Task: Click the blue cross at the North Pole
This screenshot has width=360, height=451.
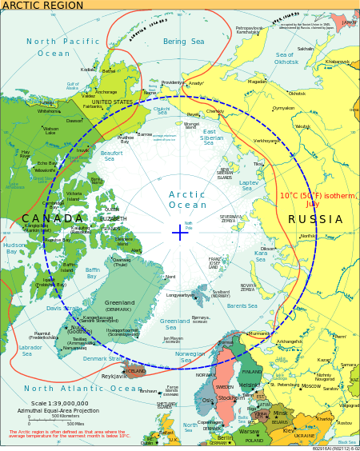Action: tap(179, 233)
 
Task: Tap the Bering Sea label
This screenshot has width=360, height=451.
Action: tap(183, 42)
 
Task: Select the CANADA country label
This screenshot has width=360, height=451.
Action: tap(52, 219)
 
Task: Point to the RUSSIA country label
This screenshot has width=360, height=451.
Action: tap(314, 219)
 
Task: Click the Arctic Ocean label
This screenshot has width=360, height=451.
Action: tap(186, 200)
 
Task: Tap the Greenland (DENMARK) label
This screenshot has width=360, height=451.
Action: tap(119, 306)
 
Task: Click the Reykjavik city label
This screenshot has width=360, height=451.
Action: tap(114, 376)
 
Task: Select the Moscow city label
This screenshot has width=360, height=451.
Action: tap(310, 386)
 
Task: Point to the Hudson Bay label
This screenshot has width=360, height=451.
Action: tap(14, 249)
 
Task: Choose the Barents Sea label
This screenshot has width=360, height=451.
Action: tap(242, 305)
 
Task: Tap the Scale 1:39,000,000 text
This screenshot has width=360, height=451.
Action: tap(59, 403)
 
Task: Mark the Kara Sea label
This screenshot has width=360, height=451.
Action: tap(260, 256)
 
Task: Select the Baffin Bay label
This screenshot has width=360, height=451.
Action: tap(92, 273)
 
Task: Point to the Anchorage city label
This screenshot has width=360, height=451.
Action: tap(106, 92)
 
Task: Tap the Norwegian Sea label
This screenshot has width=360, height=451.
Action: tap(190, 357)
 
